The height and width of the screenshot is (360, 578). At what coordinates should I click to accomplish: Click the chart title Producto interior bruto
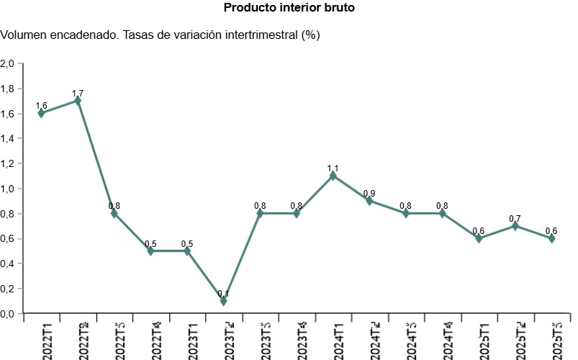[x=289, y=8]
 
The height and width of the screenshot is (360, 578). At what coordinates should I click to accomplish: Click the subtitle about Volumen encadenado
[x=161, y=35]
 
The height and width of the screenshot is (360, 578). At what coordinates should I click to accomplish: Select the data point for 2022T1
[x=41, y=113]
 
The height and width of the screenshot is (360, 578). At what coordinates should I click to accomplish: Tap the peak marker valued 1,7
[x=78, y=101]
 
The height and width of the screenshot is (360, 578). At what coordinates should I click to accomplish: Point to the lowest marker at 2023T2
[x=224, y=301]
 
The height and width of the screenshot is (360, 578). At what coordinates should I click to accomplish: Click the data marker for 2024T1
[x=333, y=176]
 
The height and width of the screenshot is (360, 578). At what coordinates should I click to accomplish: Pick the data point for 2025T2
[x=515, y=226]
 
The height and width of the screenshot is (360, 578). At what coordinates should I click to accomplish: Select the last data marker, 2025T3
[x=552, y=238]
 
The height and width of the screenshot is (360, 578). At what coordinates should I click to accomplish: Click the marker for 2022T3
[x=114, y=213]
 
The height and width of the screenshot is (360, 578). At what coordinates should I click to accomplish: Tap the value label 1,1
[x=333, y=168]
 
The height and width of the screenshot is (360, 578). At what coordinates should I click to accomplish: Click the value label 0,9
[x=369, y=193]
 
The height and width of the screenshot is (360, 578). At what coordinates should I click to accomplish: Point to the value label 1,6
[x=41, y=106]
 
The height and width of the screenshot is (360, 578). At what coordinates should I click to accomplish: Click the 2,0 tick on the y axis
[x=8, y=63]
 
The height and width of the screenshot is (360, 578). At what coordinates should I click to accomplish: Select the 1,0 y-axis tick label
[x=8, y=189]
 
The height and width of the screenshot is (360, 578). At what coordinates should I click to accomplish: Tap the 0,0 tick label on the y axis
[x=8, y=314]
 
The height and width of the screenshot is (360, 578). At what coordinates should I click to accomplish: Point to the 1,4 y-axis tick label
[x=8, y=138]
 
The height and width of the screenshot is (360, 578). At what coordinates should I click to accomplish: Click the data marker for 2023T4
[x=297, y=213]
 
